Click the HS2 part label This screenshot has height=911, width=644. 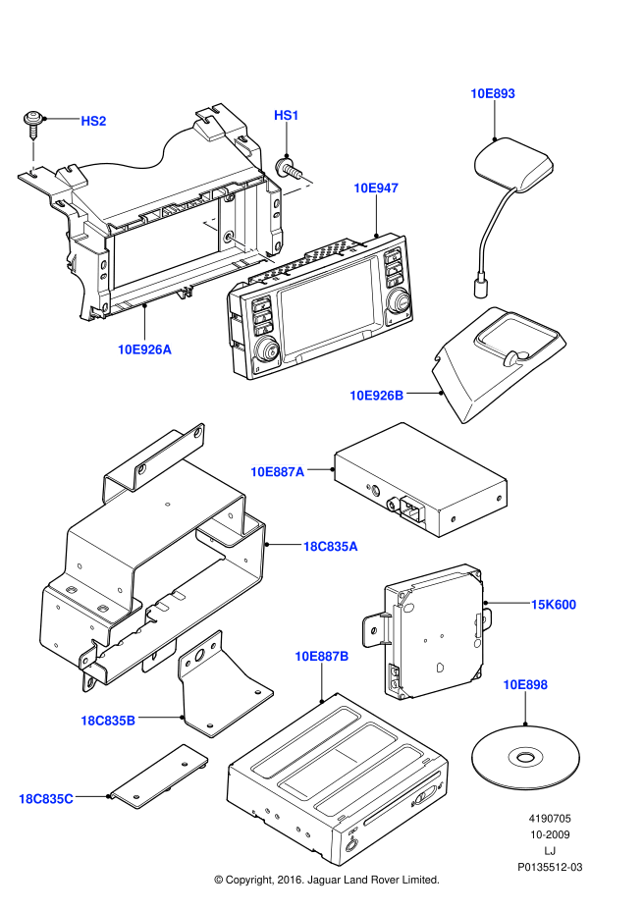point(93,121)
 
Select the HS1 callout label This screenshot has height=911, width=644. point(286,116)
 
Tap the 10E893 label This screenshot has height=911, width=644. point(492,93)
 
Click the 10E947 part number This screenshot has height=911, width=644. point(376,188)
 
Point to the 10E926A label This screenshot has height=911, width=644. point(144,348)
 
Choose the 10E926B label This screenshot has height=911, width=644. point(376,395)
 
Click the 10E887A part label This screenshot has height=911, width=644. point(277,471)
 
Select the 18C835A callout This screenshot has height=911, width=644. point(330,546)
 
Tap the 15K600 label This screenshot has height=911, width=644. point(553,605)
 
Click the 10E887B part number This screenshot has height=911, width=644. point(321,656)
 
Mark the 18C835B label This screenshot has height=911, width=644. point(107,721)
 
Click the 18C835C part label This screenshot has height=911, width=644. point(45,798)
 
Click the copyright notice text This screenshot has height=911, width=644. point(326,880)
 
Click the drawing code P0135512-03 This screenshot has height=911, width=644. point(550,867)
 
